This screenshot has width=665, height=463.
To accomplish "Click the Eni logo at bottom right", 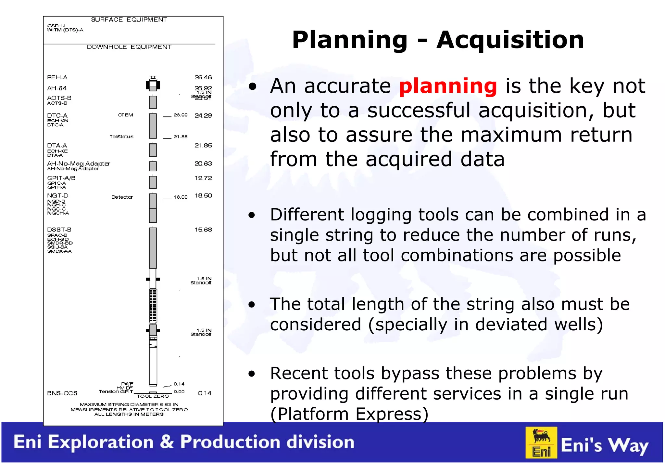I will (x=541, y=443).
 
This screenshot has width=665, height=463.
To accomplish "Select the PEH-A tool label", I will (x=57, y=77).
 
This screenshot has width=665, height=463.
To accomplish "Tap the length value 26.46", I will (x=203, y=77).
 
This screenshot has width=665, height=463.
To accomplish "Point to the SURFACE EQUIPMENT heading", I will (x=129, y=20).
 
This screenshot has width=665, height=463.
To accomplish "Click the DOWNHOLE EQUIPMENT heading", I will (x=129, y=47).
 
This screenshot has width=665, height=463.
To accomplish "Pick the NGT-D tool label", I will (x=57, y=196).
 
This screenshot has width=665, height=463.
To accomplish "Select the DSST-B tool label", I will (x=59, y=230).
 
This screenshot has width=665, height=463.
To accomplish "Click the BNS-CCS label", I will (x=62, y=393).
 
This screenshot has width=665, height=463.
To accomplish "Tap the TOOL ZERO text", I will (x=153, y=396).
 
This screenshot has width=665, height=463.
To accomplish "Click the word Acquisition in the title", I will (x=510, y=40).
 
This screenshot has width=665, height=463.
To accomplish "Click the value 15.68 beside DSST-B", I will (x=203, y=230).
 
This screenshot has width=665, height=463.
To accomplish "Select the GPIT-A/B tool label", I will (x=61, y=178).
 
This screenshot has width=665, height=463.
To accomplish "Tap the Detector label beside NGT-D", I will (x=122, y=197).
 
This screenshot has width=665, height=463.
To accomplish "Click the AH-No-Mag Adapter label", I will (x=79, y=164).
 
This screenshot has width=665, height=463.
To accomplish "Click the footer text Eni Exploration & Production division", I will (x=184, y=442).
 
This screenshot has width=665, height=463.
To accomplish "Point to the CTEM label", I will (x=125, y=115).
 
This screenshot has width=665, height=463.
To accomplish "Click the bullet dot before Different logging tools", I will (x=252, y=215).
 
